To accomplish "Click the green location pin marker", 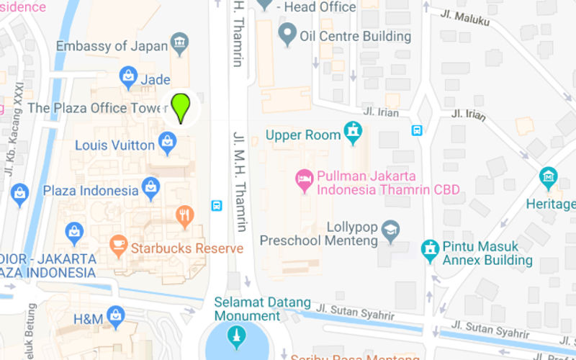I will (181, 107).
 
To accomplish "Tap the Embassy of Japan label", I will (112, 46).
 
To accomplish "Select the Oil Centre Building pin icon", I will (288, 33).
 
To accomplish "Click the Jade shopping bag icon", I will (128, 74).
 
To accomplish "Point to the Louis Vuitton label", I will (115, 145).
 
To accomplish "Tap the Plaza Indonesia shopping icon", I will (150, 188).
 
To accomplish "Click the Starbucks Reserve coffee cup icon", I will (117, 245).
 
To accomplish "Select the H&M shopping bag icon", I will (115, 315).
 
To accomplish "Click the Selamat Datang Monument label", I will (262, 309).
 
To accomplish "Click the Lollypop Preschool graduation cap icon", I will (390, 229).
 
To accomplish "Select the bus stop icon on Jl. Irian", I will (416, 130).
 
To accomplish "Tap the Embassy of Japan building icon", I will (180, 42).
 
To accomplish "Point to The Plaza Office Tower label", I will (97, 108).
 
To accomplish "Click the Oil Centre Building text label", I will (356, 35).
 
